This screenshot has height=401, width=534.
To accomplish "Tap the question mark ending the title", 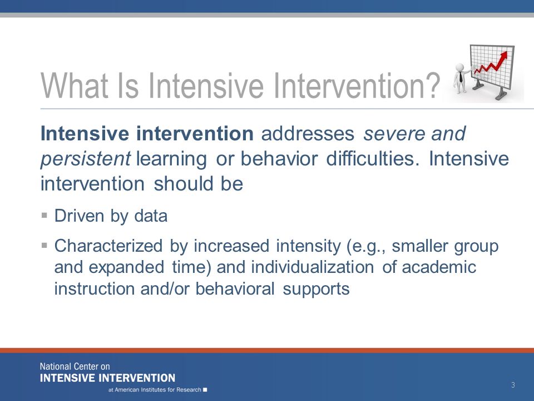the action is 433,85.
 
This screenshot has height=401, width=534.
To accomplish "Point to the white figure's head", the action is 460,67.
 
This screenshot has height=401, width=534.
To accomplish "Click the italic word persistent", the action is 86,159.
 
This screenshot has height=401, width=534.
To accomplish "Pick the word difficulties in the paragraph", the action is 373,159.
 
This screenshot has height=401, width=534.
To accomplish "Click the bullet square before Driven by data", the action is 44,215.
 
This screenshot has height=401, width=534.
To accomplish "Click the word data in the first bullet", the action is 151,216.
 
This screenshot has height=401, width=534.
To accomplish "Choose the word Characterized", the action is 108,246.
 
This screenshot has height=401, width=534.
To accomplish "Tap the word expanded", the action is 126,267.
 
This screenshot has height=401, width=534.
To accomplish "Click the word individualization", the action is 312,267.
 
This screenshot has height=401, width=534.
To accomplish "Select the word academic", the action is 439,267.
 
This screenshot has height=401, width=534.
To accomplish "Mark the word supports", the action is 316,289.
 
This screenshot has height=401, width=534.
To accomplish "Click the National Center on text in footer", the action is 75,366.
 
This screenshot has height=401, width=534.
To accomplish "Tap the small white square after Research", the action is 205,390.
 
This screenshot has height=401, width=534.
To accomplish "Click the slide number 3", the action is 513,385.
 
